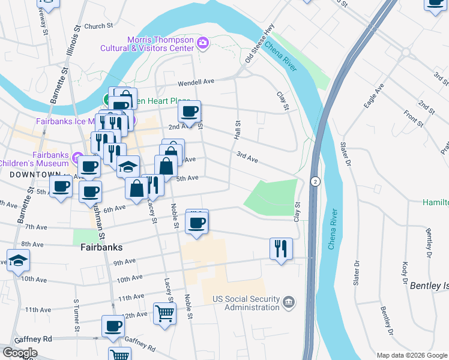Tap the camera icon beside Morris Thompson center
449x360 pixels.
point(203,43)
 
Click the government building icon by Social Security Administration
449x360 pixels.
point(289,301)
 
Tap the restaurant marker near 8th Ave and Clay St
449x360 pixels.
point(280,247)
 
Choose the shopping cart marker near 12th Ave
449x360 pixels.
point(165,313)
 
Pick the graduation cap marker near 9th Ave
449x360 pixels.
point(19,260)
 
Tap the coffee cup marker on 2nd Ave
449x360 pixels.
point(190,112)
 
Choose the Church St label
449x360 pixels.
point(99,26)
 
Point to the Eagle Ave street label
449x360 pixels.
point(374,95)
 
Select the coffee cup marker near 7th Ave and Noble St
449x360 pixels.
point(196,224)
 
